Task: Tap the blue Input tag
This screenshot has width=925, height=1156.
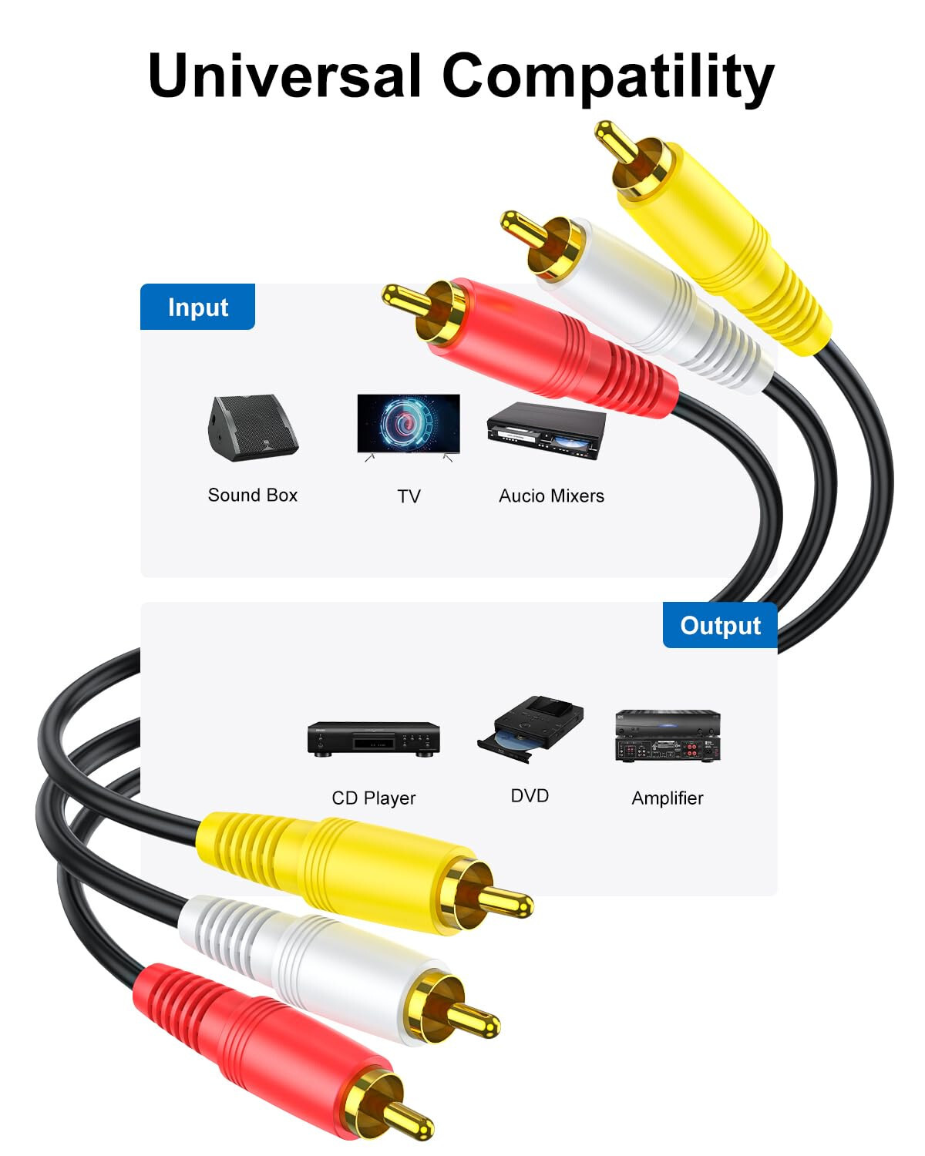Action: click(x=197, y=307)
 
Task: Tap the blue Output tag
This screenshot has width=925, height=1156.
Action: click(x=720, y=625)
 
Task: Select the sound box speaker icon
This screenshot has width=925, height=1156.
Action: click(x=251, y=428)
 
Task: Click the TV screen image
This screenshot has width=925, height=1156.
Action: click(x=409, y=425)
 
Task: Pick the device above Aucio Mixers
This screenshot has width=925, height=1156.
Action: click(x=546, y=430)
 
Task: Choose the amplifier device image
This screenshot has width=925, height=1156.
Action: click(x=668, y=736)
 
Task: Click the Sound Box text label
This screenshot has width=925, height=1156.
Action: click(x=253, y=495)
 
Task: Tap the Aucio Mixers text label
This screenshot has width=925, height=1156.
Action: click(x=551, y=496)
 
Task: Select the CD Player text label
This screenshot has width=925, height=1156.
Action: click(x=374, y=798)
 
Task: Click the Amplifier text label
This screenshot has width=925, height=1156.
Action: click(x=668, y=798)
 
